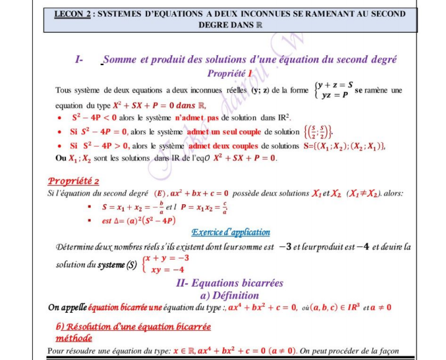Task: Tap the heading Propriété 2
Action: [73, 181]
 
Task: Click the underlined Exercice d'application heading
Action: [230, 232]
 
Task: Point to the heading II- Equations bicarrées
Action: [229, 283]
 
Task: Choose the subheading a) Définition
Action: [229, 295]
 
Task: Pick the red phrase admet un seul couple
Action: [224, 132]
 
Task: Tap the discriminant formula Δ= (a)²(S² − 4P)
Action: [139, 220]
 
